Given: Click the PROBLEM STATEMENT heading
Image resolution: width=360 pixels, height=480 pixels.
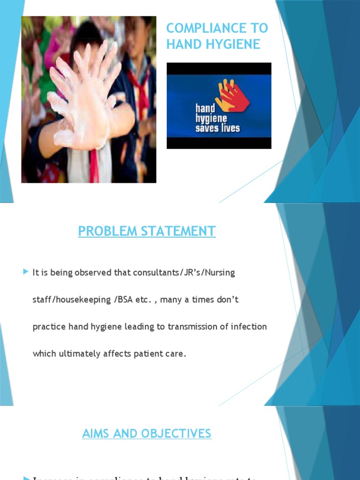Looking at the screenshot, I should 147,231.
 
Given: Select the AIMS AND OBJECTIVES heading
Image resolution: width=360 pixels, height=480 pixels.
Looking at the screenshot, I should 147,434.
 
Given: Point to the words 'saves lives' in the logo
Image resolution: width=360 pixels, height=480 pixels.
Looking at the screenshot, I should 217,128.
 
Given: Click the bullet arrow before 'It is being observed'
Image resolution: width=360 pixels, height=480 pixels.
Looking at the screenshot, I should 26,272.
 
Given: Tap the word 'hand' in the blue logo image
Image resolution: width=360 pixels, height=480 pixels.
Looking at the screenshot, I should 205,109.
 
